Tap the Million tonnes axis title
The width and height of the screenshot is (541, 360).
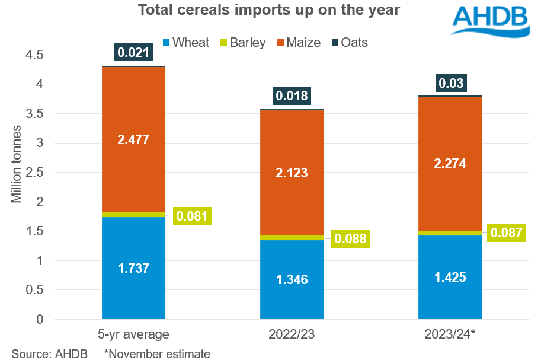click(x=17, y=164)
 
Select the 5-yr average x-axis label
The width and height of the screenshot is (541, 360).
click(x=133, y=334)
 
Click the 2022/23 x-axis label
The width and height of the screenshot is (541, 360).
click(x=291, y=334)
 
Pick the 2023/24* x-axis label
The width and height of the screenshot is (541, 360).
click(x=449, y=334)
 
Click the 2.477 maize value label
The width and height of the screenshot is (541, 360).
click(x=133, y=140)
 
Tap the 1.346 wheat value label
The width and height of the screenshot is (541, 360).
click(x=291, y=279)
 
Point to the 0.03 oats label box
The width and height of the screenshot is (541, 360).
click(x=450, y=83)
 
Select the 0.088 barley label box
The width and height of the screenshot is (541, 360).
click(x=350, y=239)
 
